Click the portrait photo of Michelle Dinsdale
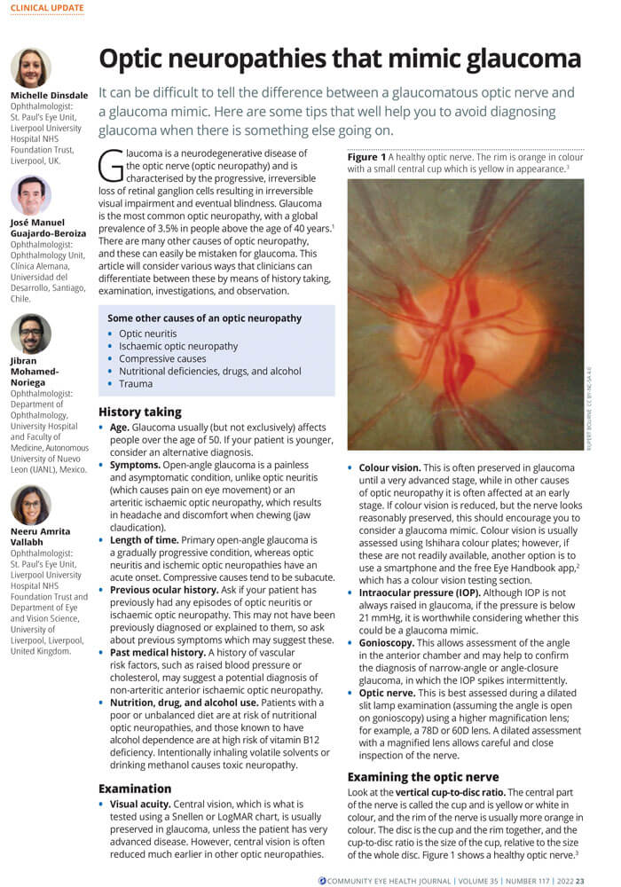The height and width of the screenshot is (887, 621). (x=31, y=67)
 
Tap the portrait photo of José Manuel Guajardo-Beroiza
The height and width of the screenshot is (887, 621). (x=31, y=195)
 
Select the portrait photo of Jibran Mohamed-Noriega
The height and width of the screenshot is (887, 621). (x=31, y=334)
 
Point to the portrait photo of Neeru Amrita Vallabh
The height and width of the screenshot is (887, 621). (x=31, y=505)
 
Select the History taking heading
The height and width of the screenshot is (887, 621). (x=140, y=412)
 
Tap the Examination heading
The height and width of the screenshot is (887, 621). (x=135, y=788)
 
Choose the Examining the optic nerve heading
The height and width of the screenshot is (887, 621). (x=422, y=777)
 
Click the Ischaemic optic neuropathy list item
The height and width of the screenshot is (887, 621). (x=178, y=346)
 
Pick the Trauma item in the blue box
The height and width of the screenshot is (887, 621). (x=136, y=383)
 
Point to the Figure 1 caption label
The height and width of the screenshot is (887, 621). (x=367, y=156)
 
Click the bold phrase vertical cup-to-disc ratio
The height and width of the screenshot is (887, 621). (x=448, y=793)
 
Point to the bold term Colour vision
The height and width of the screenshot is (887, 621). (x=391, y=467)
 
